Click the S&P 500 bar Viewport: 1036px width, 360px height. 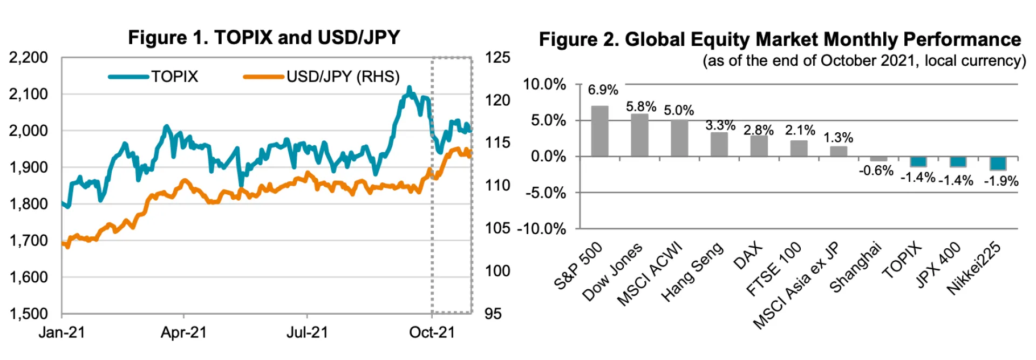599,131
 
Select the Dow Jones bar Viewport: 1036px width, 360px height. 639,135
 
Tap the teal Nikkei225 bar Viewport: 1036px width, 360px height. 998,163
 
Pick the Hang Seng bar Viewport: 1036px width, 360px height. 719,144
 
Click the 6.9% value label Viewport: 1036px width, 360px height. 603,90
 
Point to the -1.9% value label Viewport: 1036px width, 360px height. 1001,181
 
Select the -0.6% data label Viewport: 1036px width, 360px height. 876,171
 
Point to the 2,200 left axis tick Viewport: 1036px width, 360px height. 28,57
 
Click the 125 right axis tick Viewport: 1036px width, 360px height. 497,57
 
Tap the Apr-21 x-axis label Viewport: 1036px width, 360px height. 183,332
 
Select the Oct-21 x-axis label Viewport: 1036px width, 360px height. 432,332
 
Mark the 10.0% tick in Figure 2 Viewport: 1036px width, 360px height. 544,85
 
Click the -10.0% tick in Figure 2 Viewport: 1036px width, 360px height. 541,229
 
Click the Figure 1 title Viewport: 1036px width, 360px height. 264,38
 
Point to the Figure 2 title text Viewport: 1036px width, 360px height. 780,39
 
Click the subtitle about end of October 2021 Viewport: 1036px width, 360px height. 863,61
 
